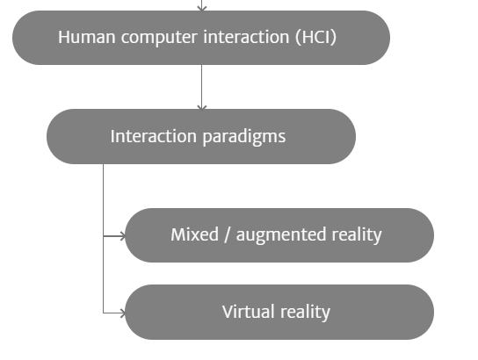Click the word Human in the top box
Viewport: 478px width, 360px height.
coord(87,37)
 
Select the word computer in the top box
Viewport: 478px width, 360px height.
coord(159,38)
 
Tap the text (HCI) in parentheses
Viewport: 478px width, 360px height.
coord(315,38)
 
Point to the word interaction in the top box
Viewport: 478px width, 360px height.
coord(246,37)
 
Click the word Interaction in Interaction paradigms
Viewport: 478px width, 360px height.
coord(154,136)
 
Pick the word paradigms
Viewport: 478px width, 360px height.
coord(244,137)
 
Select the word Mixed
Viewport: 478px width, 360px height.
coord(194,234)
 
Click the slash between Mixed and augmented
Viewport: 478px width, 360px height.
coord(227,234)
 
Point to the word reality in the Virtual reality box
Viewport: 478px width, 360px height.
coord(305,313)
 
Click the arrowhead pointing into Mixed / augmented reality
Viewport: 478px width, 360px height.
coord(123,236)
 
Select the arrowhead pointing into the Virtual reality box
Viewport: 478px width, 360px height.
coord(123,313)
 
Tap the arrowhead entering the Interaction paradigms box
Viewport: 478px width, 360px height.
coord(202,107)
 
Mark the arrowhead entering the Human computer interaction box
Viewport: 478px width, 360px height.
coord(202,8)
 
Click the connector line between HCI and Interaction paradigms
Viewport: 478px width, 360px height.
coord(202,87)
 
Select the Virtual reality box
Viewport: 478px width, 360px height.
coord(279,313)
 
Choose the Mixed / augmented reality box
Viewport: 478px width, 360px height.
coord(279,235)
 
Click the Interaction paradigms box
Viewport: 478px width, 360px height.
coord(201,136)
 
